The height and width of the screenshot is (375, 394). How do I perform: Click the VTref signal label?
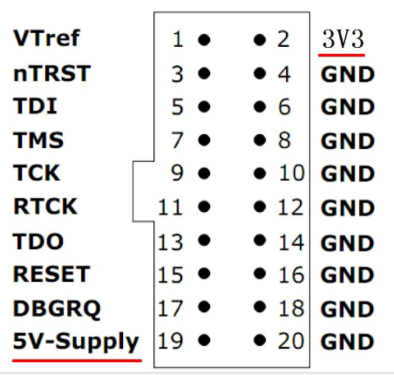point(46,38)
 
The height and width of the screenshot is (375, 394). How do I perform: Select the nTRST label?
point(52,73)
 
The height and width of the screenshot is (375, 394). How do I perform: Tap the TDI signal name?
point(35,106)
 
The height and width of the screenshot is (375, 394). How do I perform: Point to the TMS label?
point(38,140)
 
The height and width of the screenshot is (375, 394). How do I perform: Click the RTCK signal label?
point(45,206)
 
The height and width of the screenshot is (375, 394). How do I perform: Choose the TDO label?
point(38,242)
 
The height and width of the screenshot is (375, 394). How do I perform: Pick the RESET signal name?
point(51,274)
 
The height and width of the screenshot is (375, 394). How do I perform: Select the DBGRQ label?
point(57,309)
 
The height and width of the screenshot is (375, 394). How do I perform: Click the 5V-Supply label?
point(76,342)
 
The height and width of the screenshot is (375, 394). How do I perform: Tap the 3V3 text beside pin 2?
point(343,39)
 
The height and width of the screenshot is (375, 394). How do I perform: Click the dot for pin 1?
point(204,39)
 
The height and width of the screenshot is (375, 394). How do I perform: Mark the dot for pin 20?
point(260,340)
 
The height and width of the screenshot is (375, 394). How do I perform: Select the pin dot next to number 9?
point(204,174)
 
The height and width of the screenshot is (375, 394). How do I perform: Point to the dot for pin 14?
point(260,240)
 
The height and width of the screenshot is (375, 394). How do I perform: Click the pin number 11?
point(171,207)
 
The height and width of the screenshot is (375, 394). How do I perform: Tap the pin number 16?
point(291,275)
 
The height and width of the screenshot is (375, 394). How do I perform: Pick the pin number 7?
point(178,140)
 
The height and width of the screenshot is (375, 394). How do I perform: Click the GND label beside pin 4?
point(348,74)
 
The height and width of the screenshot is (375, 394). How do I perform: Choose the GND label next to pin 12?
point(348,208)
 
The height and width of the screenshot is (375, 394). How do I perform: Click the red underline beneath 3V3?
point(342,54)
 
